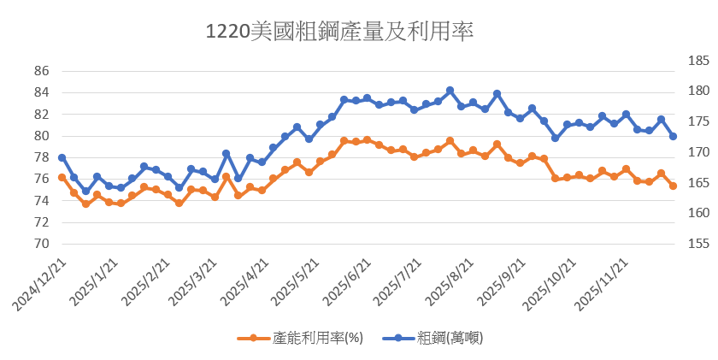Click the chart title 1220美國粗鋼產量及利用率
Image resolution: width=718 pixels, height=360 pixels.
point(339,32)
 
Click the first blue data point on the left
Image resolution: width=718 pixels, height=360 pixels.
point(62,157)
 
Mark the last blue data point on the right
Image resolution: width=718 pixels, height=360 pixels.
point(673,137)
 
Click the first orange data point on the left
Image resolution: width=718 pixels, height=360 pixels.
point(62,177)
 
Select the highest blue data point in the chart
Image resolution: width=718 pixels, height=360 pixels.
point(450,90)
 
